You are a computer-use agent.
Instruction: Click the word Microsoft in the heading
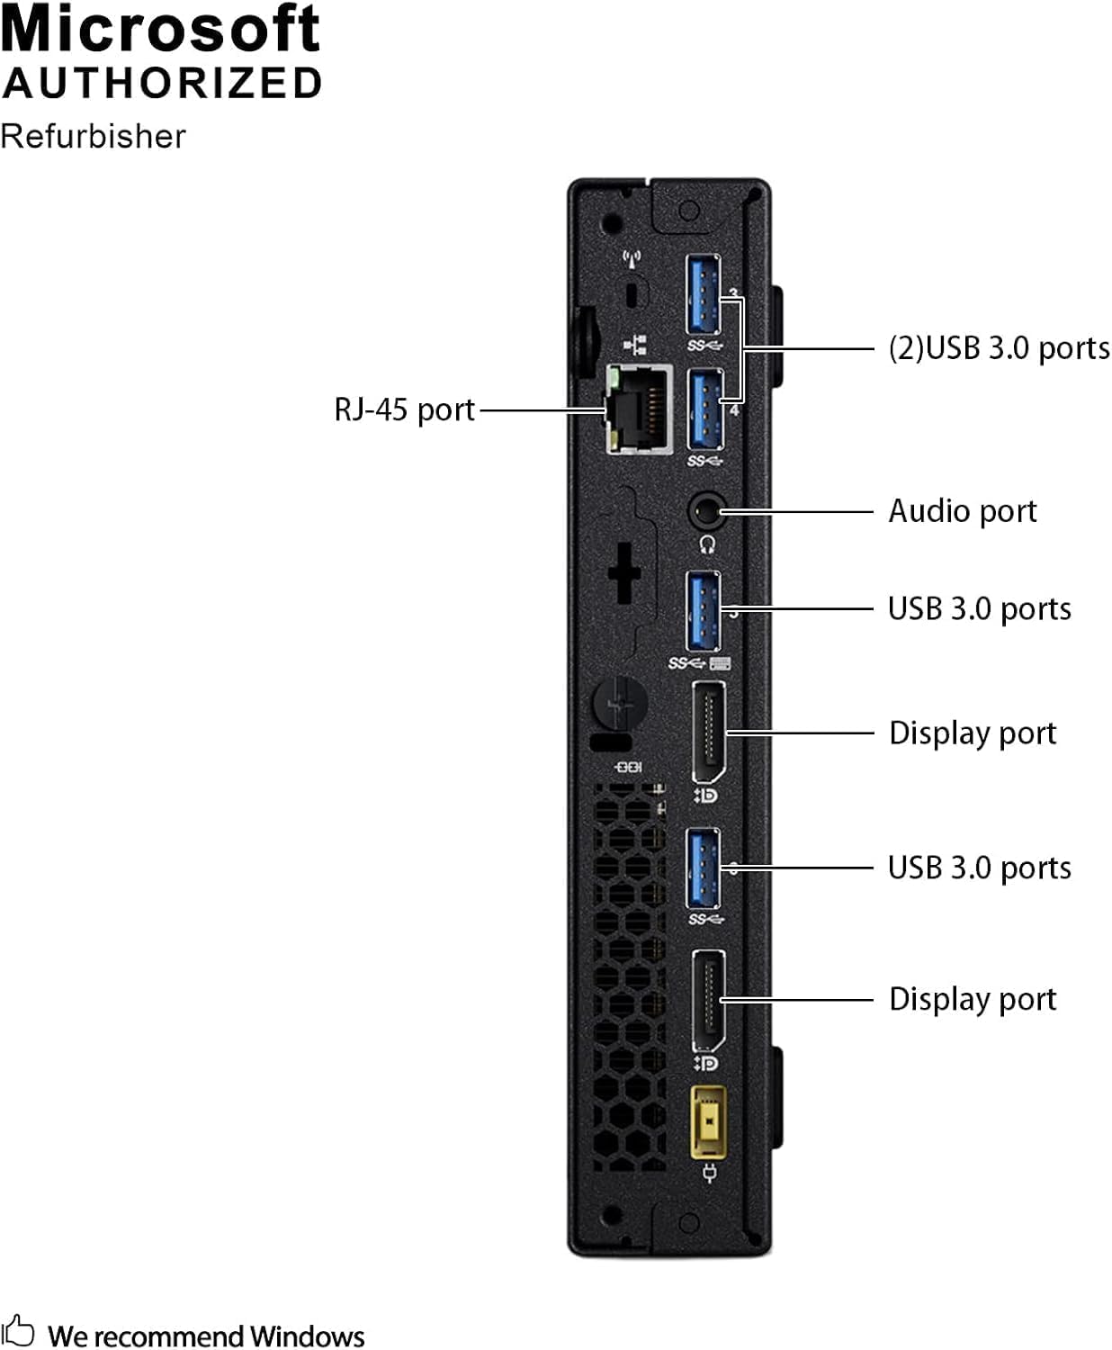(x=160, y=29)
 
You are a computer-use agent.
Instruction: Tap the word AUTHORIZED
(x=162, y=84)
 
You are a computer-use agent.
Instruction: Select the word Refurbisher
(x=93, y=136)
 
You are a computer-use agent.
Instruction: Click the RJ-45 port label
(x=404, y=409)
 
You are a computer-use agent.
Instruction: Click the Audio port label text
(x=962, y=511)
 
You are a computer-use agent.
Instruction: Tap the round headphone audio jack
(x=706, y=512)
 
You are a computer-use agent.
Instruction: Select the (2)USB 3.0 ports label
(x=998, y=348)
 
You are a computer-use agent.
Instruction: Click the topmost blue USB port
(x=704, y=293)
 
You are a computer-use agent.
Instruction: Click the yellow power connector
(x=708, y=1123)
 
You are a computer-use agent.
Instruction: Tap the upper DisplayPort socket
(x=709, y=732)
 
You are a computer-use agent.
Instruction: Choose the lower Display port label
(x=972, y=999)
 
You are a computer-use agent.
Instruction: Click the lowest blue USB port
(x=703, y=868)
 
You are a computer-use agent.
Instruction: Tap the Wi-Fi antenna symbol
(x=632, y=260)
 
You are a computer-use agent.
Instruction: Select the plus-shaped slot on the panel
(x=623, y=571)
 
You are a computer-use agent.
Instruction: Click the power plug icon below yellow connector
(x=708, y=1172)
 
